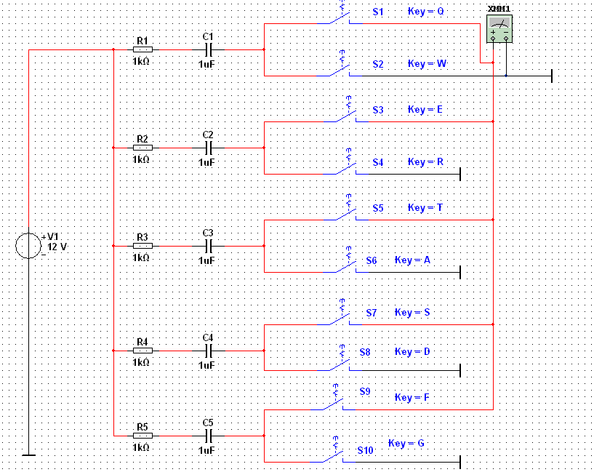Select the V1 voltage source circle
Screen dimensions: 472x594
pos(29,246)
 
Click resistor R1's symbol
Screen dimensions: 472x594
pos(143,49)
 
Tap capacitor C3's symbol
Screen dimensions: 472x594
pos(209,245)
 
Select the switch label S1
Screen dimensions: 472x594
pos(377,12)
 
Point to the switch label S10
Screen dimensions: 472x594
pos(365,450)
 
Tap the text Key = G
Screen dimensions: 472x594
pos(407,444)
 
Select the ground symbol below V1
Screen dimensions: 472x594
pos(28,455)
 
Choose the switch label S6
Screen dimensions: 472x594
pos(372,260)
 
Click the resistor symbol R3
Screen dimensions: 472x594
pos(143,245)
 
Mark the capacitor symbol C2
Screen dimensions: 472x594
pos(209,148)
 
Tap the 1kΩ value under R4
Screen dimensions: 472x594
pos(141,362)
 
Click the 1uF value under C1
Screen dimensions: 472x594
pos(207,64)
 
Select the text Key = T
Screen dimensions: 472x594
pos(425,208)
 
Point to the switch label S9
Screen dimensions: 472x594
pos(365,391)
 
